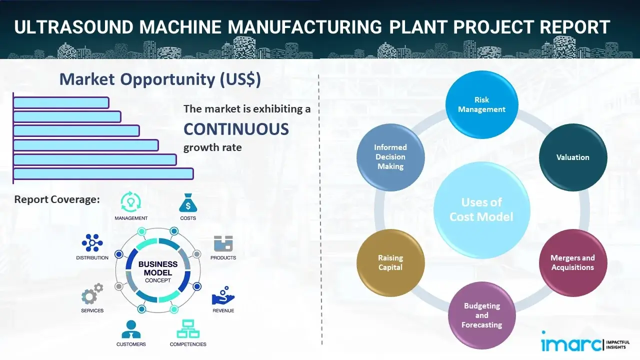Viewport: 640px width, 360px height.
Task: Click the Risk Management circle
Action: pyautogui.click(x=481, y=104)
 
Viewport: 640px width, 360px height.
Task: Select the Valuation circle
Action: pyautogui.click(x=573, y=157)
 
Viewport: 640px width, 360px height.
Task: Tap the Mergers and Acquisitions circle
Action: pyautogui.click(x=573, y=262)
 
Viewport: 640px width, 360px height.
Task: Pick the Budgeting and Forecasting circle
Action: pyautogui.click(x=481, y=315)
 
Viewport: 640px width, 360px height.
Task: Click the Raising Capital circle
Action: pyautogui.click(x=390, y=262)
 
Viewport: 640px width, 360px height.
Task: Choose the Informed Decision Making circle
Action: pyautogui.click(x=390, y=157)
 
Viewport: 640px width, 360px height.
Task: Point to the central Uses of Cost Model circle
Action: pyautogui.click(x=481, y=209)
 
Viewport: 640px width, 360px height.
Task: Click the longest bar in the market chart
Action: pyautogui.click(x=103, y=173)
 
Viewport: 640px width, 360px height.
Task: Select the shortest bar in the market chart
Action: pyautogui.click(x=61, y=102)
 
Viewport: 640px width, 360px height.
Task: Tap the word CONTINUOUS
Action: pyautogui.click(x=236, y=129)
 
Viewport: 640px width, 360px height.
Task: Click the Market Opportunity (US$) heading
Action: pyautogui.click(x=160, y=79)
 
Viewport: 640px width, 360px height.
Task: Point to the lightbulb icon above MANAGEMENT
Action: pyautogui.click(x=131, y=202)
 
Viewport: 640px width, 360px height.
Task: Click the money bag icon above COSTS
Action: pyautogui.click(x=188, y=202)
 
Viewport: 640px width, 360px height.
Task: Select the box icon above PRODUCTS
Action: pyautogui.click(x=223, y=243)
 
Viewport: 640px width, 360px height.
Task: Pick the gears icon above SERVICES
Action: pyautogui.click(x=92, y=294)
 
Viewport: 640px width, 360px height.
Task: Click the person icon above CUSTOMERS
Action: pyautogui.click(x=131, y=329)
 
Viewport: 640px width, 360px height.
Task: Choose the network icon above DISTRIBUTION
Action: pyautogui.click(x=92, y=242)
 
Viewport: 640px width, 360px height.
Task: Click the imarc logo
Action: pyautogui.click(x=569, y=343)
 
